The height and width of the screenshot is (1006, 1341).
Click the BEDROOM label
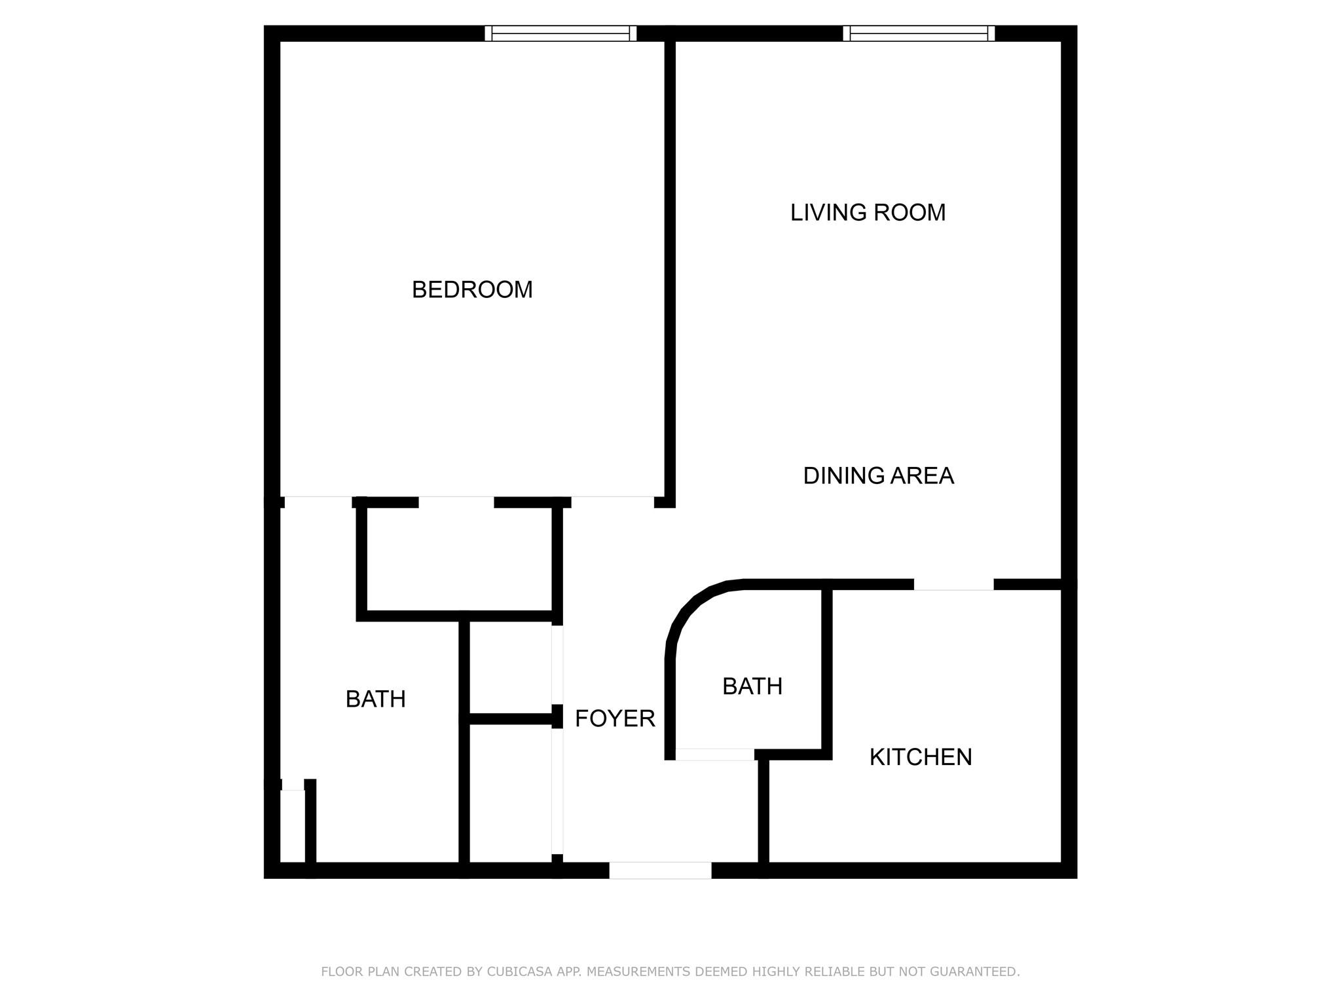click(x=472, y=289)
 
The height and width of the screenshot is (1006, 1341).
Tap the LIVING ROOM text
click(x=868, y=212)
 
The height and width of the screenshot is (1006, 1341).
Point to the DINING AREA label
click(x=878, y=475)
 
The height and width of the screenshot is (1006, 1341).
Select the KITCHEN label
click(x=921, y=757)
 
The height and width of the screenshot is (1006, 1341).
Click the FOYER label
click(x=615, y=718)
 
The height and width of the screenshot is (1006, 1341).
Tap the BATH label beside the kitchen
click(x=752, y=686)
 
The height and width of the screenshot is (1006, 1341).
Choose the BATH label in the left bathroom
click(x=375, y=699)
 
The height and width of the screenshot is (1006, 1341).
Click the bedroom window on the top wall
click(x=560, y=33)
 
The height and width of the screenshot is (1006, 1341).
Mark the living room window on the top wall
click(x=919, y=33)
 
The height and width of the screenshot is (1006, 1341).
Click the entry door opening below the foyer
click(x=660, y=870)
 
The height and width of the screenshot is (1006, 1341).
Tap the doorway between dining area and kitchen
click(x=953, y=585)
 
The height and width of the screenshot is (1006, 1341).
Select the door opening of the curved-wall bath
click(x=714, y=754)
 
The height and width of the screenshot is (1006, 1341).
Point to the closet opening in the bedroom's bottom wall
click(x=456, y=502)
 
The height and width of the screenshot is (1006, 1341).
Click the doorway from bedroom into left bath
click(x=318, y=502)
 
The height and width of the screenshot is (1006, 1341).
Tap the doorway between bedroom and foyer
click(x=612, y=502)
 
